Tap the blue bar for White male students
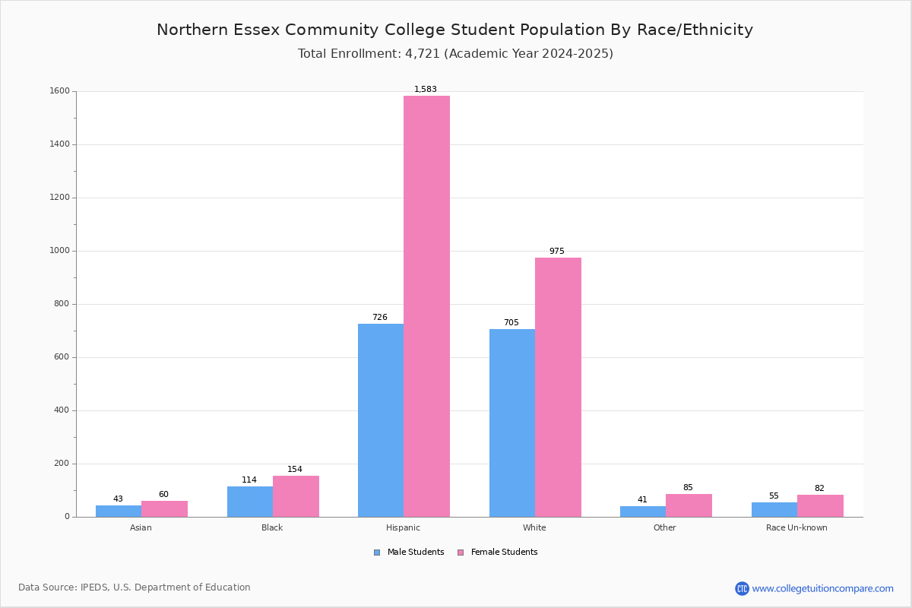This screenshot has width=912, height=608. click(512, 423)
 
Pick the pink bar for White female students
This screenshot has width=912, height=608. click(558, 387)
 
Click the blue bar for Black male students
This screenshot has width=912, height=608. click(250, 502)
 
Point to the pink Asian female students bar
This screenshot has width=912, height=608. click(164, 509)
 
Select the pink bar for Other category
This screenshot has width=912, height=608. click(689, 505)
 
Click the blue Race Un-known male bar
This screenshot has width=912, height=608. click(774, 510)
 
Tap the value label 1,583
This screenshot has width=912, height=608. click(426, 89)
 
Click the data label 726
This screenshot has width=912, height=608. click(379, 317)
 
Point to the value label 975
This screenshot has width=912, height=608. click(556, 251)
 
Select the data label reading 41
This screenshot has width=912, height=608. click(642, 499)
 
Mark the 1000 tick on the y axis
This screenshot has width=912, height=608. click(59, 251)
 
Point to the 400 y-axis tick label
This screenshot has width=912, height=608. click(62, 410)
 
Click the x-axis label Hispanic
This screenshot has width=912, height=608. click(403, 527)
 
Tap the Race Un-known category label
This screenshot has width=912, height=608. click(796, 527)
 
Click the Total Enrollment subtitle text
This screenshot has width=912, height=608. click(455, 54)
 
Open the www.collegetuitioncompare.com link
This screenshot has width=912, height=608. click(822, 588)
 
